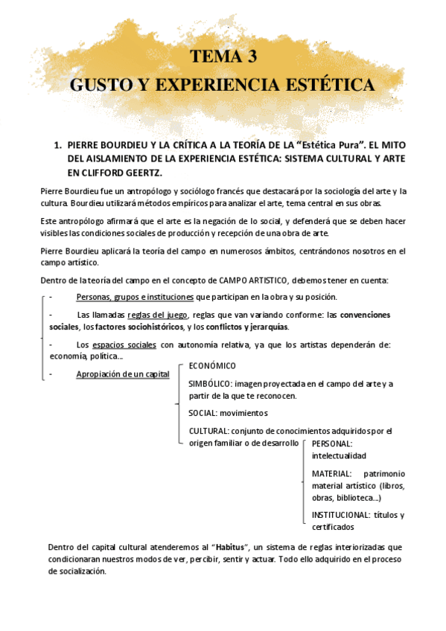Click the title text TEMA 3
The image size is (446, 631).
[x=223, y=57]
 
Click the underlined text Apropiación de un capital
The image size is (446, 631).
[x=123, y=374]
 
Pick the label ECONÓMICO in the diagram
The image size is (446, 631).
[x=212, y=366]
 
